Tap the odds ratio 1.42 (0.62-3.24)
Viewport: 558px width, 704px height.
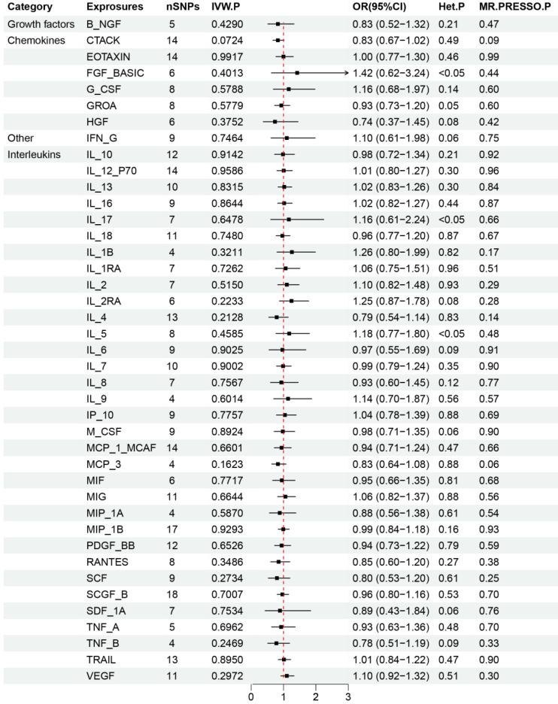[391, 73]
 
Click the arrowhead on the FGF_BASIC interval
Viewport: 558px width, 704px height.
[347, 73]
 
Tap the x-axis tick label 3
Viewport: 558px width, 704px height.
[348, 696]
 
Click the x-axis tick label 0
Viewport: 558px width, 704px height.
[251, 696]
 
